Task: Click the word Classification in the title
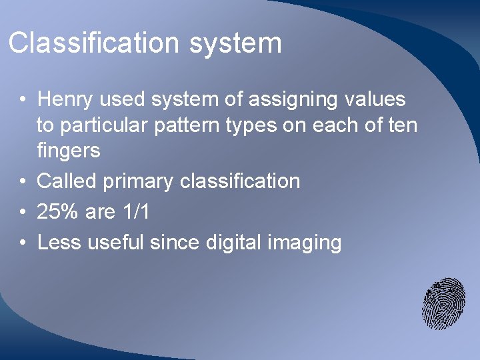94,43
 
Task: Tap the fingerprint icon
443,303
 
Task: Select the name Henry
66,99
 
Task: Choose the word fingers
68,151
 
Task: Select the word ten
401,125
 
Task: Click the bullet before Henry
23,100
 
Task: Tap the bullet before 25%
23,213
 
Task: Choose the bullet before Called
23,181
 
